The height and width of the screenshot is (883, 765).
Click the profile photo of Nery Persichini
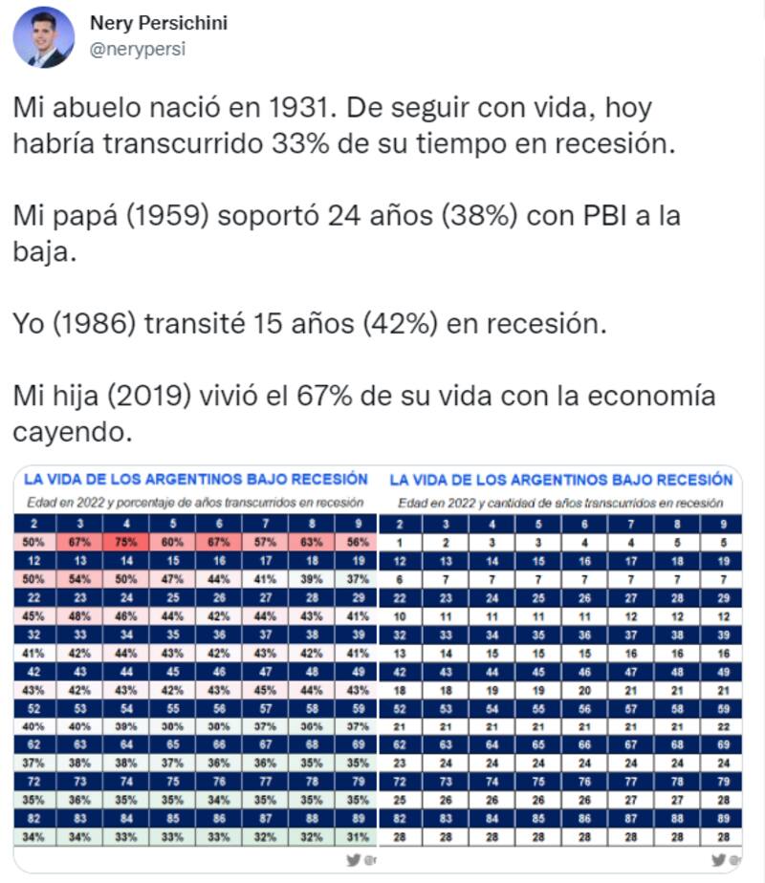[x=44, y=37]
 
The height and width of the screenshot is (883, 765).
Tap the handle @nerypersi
[x=138, y=50]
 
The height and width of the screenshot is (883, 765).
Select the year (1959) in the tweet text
[x=168, y=215]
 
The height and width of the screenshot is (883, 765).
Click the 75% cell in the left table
[x=125, y=541]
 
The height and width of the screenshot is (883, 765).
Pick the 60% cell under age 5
[x=171, y=541]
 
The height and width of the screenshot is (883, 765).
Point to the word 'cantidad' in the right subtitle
[x=516, y=502]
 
